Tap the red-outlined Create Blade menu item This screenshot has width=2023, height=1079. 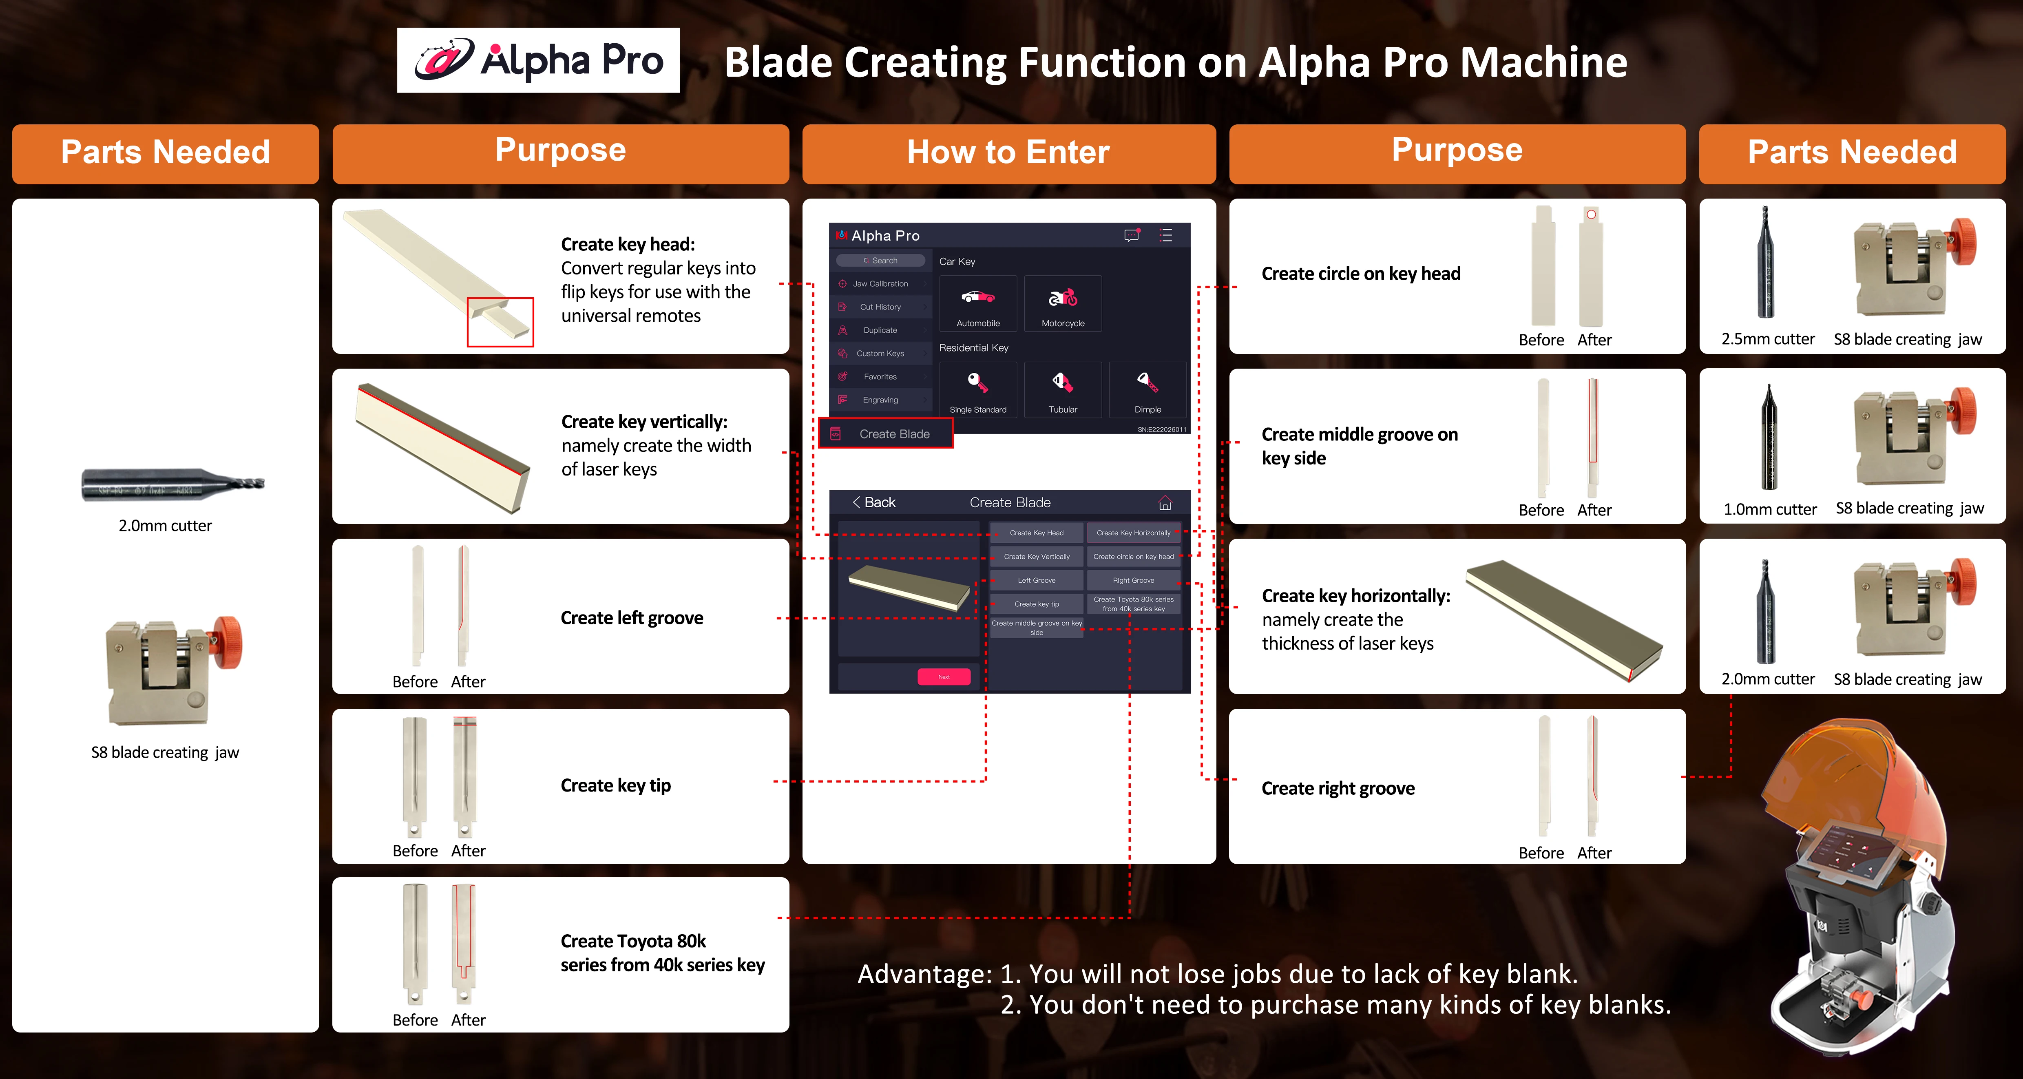click(886, 433)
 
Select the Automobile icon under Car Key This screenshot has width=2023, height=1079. click(978, 304)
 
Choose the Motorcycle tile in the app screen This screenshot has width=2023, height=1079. click(1063, 304)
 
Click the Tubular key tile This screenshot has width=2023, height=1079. click(1063, 389)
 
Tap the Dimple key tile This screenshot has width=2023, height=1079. click(1147, 389)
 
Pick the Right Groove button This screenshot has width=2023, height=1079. click(1133, 580)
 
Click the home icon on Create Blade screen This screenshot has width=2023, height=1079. click(1165, 502)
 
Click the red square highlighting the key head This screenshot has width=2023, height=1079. click(500, 322)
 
